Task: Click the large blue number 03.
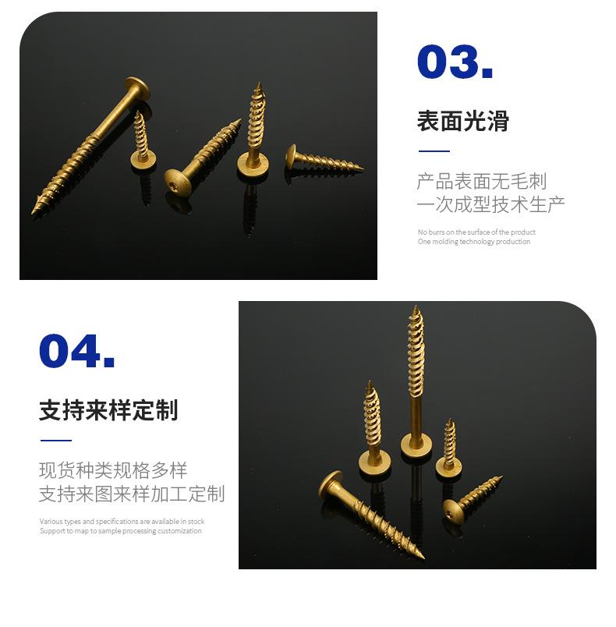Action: [x=455, y=62]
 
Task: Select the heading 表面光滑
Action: [x=462, y=122]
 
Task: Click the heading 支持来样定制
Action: [x=108, y=410]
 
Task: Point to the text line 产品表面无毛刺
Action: [x=481, y=182]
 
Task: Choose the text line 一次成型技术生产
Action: [x=490, y=204]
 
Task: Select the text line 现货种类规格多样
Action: [x=113, y=470]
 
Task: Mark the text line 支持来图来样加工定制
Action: [x=132, y=494]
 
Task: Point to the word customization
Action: [x=179, y=531]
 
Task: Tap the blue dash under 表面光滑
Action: [x=434, y=151]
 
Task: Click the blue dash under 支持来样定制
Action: [x=55, y=441]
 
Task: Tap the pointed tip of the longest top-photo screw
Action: [x=34, y=213]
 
